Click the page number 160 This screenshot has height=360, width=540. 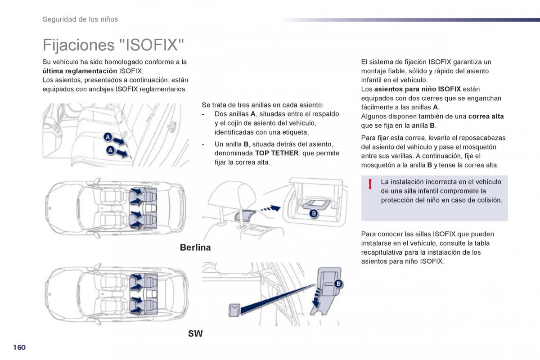click(19, 347)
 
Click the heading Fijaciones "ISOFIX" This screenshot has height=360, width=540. click(113, 45)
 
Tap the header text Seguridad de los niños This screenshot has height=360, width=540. click(80, 19)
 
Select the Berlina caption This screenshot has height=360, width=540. click(195, 247)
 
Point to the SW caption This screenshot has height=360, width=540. click(195, 333)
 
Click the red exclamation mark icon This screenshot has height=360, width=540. click(370, 184)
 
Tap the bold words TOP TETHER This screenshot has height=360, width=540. click(277, 153)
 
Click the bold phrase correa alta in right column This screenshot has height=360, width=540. click(486, 116)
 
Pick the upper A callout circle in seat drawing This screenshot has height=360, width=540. click(108, 137)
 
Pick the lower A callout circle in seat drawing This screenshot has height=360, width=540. click(110, 150)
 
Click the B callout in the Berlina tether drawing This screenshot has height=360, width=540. click(314, 214)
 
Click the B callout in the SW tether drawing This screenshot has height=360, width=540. click(338, 283)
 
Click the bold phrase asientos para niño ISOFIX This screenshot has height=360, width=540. click(417, 89)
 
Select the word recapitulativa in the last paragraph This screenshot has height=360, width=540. click(382, 252)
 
